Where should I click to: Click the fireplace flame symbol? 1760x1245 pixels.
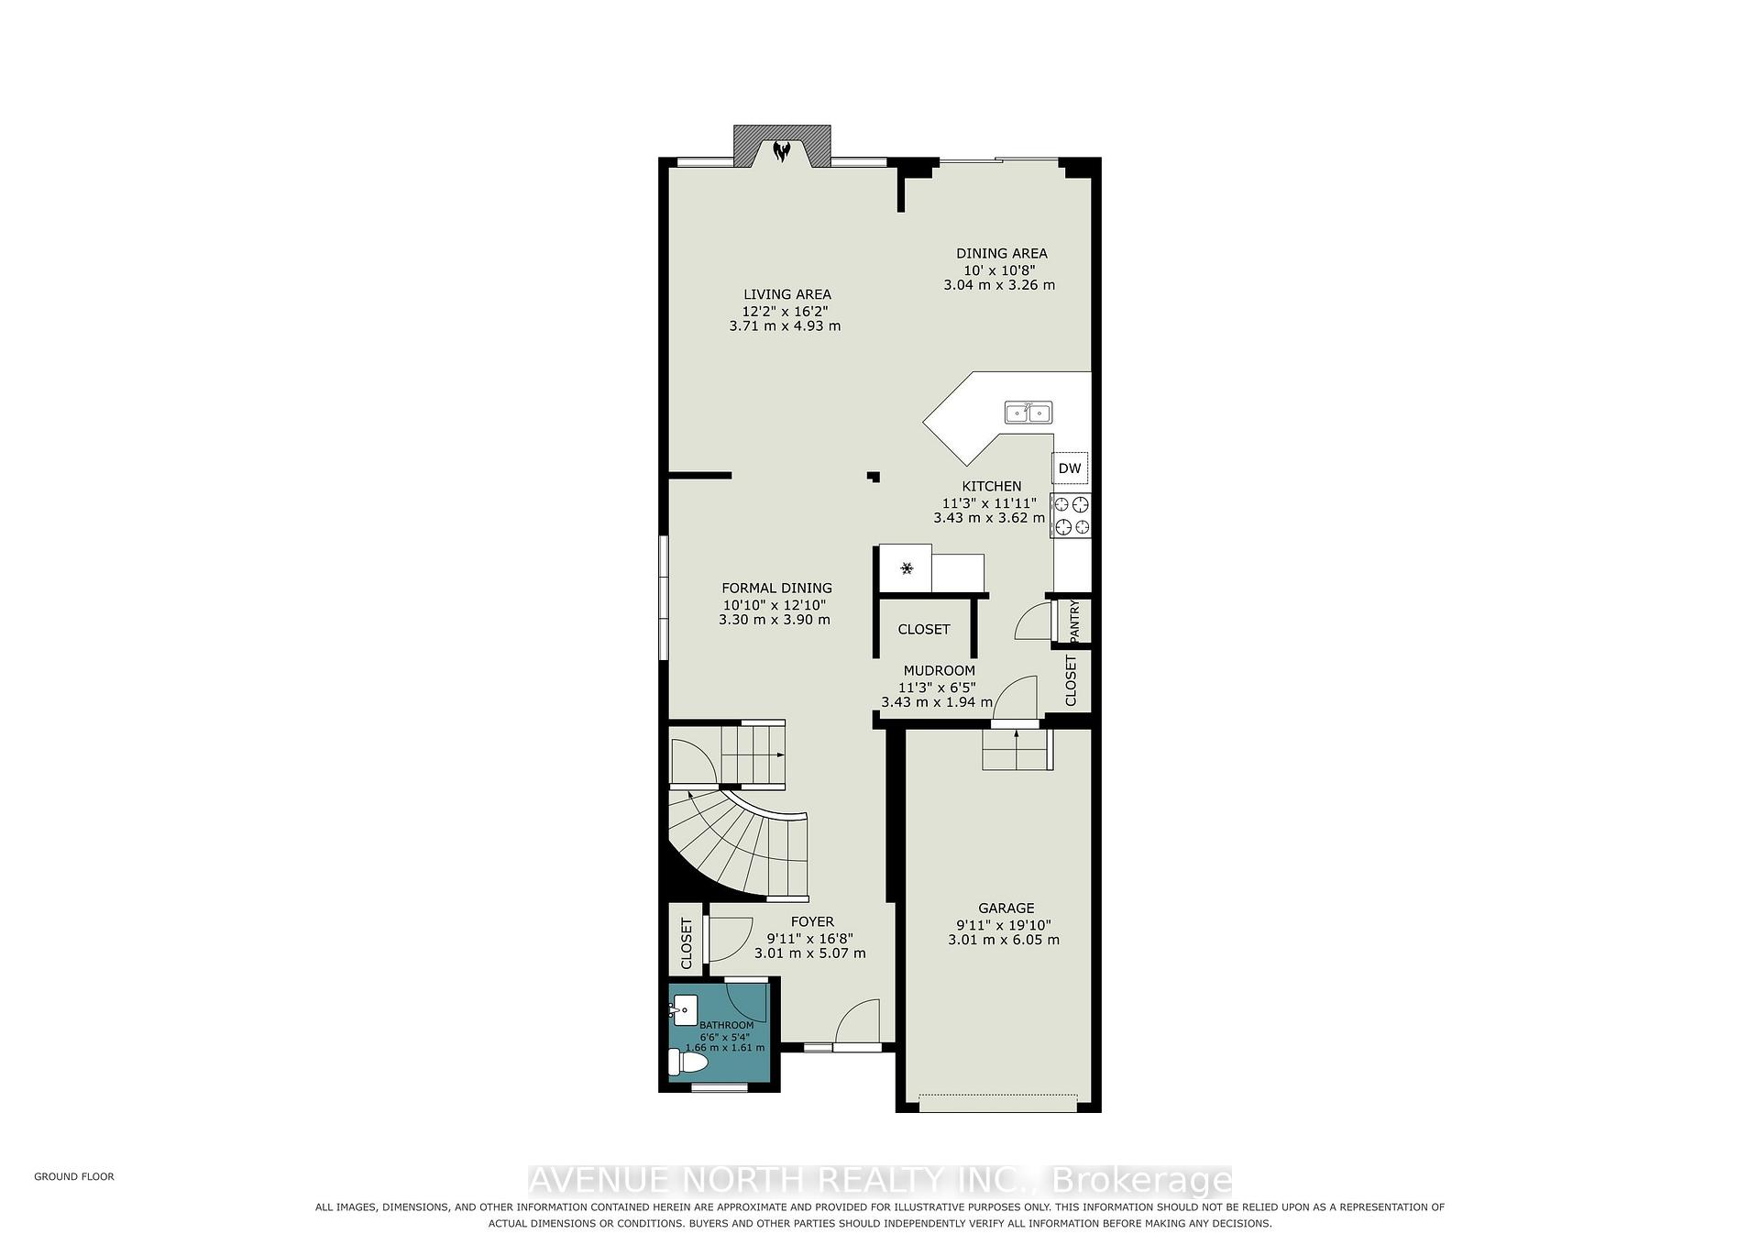pos(781,151)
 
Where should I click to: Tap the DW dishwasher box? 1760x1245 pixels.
pos(1070,468)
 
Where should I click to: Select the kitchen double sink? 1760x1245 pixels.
pos(1028,413)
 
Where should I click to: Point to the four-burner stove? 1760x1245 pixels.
pos(1071,514)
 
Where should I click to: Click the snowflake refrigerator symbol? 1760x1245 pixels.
pos(906,569)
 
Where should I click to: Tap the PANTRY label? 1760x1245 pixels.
pos(1074,621)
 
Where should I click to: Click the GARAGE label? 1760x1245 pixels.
pos(1006,909)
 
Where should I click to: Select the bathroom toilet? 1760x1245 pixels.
pos(688,1063)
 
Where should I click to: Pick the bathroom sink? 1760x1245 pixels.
pos(683,1010)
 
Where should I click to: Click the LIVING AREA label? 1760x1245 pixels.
pos(787,294)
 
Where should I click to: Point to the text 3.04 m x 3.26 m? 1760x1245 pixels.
pos(999,285)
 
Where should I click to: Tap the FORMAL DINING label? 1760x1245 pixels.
pos(776,589)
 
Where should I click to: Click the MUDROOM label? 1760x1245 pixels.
pos(939,671)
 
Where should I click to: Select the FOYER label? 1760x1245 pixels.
pos(812,921)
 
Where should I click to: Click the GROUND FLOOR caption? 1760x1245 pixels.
pos(74,1176)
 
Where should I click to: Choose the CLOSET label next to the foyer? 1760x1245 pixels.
pos(686,943)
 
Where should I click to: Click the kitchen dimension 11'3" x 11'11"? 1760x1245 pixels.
pos(989,502)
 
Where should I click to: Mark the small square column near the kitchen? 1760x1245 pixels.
pos(874,476)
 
